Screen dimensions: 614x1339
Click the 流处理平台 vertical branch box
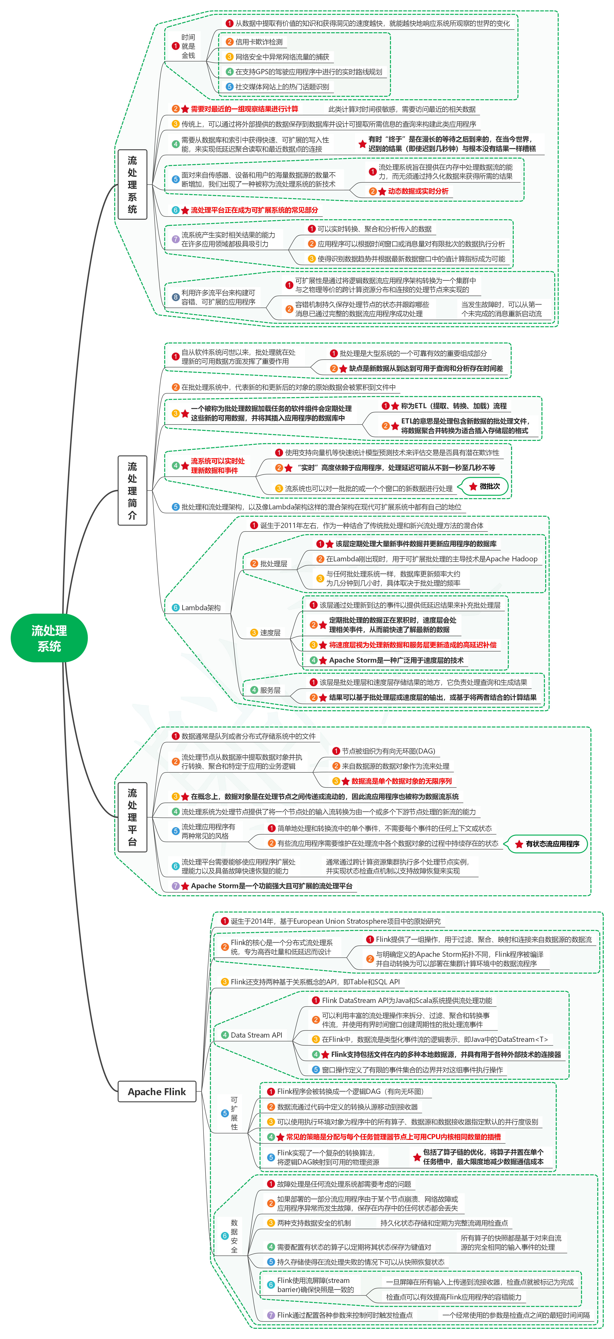133,817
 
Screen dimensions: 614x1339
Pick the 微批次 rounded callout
485,487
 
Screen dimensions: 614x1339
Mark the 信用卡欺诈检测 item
259,42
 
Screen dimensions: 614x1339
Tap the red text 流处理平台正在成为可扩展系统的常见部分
254,210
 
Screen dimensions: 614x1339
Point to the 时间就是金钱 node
188,46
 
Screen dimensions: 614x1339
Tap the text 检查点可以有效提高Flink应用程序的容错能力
453,1297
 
